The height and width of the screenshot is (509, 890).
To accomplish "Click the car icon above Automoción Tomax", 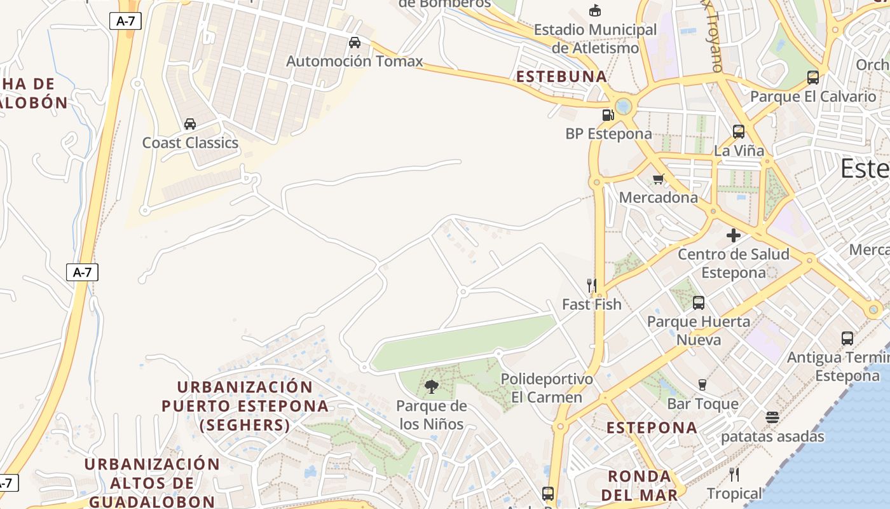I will coord(355,43).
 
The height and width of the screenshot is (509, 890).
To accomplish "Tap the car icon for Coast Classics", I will coord(190,123).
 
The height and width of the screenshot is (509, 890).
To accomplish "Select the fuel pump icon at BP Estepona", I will coord(608,115).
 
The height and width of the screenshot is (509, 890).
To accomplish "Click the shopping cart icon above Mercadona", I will coord(658,179).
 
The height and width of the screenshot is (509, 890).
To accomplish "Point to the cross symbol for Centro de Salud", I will coord(734,235).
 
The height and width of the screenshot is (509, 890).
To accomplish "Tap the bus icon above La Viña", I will coord(739,132).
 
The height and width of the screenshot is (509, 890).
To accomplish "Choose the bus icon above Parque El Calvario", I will coord(812,78).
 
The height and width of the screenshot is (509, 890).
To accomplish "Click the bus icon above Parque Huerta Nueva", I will coord(699,303).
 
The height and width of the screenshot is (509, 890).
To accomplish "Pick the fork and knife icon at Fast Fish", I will coord(591,285).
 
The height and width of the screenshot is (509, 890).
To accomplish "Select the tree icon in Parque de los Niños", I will coord(431,386).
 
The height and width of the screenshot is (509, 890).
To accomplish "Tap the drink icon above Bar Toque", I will coord(702,384).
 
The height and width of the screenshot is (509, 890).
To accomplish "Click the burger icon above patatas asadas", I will coord(772,417).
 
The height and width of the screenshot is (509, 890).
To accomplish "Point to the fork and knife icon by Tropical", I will coord(734,474).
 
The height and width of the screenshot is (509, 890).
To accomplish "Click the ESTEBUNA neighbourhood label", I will coord(561,77).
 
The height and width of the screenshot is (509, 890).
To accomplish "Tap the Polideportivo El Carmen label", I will coord(547,388).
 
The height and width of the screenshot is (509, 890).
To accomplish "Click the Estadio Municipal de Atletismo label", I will coord(595,39).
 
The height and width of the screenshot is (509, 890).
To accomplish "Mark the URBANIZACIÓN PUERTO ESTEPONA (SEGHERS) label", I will coord(245,406).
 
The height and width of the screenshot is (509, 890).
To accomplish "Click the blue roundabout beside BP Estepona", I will coord(624,106).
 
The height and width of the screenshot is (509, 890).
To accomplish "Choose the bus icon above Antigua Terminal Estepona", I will coord(847,338).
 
